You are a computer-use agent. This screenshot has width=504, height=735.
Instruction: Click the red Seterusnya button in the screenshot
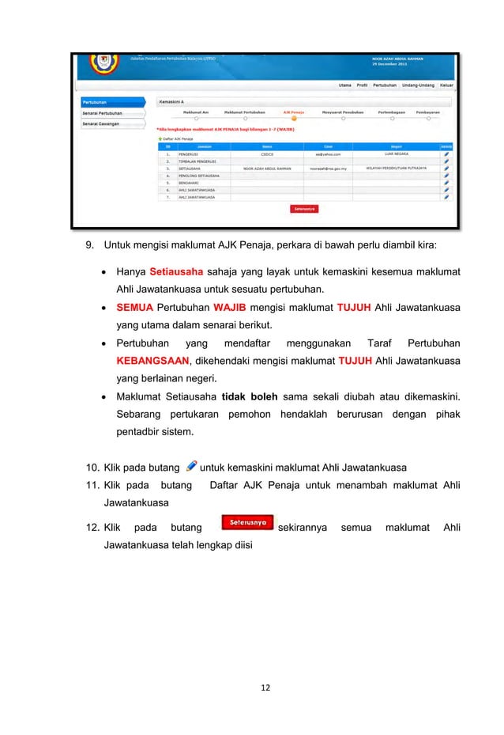(304, 210)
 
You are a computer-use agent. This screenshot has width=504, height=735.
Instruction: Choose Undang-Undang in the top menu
(417, 85)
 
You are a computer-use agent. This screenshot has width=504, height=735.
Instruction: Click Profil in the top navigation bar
(362, 85)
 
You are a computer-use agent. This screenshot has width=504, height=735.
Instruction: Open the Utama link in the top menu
(344, 85)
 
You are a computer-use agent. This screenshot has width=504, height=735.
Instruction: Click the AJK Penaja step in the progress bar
(294, 113)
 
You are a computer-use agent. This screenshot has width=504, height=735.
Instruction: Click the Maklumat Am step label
(195, 113)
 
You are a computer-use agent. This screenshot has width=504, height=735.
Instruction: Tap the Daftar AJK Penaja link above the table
(177, 138)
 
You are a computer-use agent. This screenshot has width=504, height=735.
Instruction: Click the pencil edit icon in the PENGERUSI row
(446, 153)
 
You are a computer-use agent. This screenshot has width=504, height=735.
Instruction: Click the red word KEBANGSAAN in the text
(153, 361)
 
